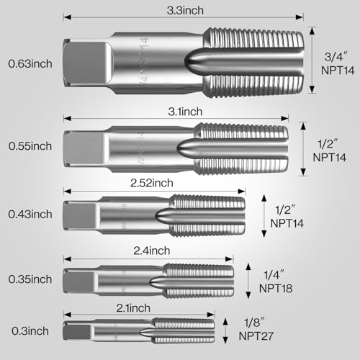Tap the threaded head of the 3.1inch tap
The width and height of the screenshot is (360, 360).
pos(241,149)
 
